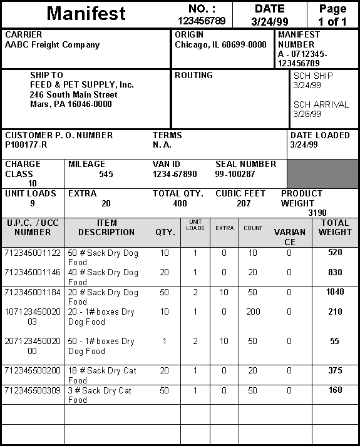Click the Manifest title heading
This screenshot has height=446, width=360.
pos(86,13)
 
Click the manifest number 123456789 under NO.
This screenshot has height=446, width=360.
pos(202,21)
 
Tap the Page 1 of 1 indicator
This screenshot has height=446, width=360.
pos(332,15)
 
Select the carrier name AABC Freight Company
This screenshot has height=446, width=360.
pos(52,45)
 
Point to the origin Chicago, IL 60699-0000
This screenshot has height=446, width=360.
pos(220,45)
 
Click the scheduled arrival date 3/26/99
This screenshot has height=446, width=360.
pos(307,114)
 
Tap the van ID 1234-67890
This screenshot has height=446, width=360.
pos(175,175)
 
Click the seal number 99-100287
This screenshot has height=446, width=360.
pos(235,175)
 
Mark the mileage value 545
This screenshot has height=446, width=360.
pos(106,175)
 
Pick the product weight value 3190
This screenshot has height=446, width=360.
pos(317,213)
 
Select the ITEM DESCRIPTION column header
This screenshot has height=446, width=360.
pos(106,228)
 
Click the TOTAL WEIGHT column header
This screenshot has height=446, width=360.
pos(335,228)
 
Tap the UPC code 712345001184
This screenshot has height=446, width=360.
pos(33,292)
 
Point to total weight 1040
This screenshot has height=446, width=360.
pos(335,292)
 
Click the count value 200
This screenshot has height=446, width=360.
pos(253,312)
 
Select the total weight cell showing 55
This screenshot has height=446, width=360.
pos(335,342)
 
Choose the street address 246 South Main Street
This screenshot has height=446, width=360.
pos(74,95)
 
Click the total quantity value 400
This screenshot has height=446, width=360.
pos(180,204)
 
